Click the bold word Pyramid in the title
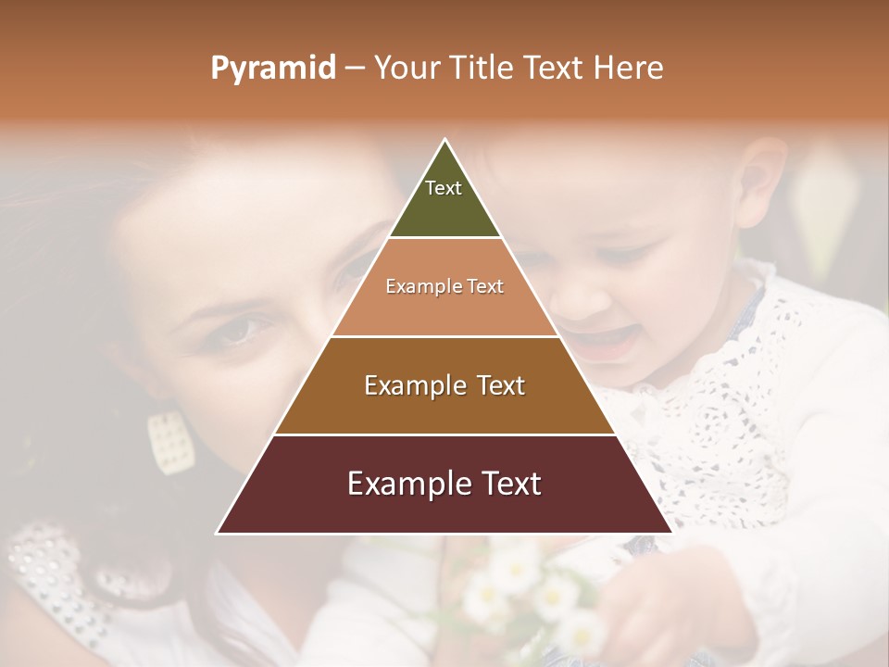click(x=273, y=69)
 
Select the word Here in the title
click(x=629, y=69)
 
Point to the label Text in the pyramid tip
click(x=444, y=188)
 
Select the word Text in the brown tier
click(x=497, y=385)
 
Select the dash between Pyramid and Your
click(x=355, y=69)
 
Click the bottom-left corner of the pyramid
click(x=218, y=533)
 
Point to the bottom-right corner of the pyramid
click(x=672, y=533)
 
